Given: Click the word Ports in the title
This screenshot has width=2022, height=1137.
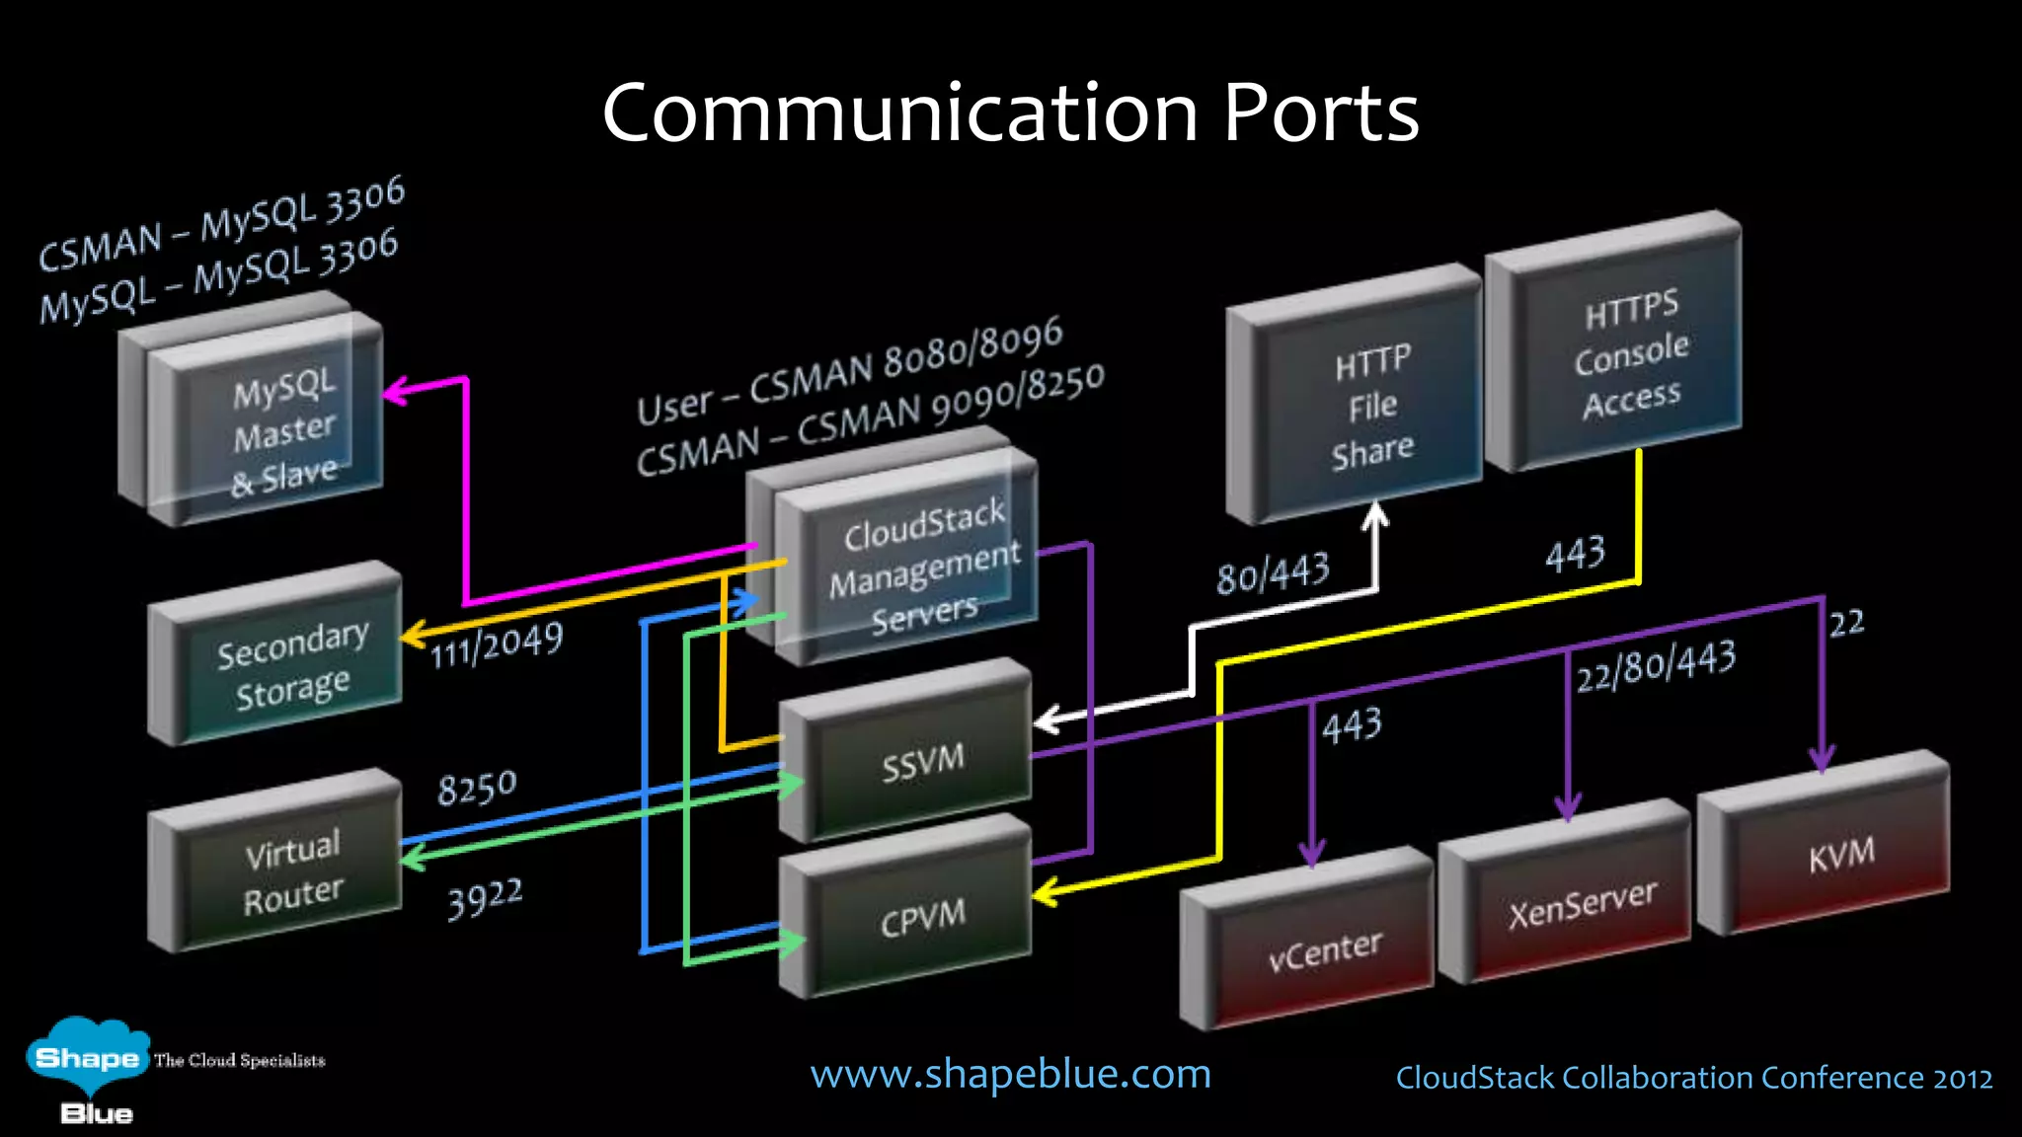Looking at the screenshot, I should pyautogui.click(x=1320, y=113).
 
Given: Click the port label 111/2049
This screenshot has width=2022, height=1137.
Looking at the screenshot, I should pyautogui.click(x=496, y=644).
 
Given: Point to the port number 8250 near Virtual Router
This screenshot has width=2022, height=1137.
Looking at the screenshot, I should pyautogui.click(x=477, y=788).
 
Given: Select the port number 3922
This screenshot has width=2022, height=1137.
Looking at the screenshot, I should pyautogui.click(x=484, y=898).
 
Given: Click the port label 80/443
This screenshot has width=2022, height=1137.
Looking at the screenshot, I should pyautogui.click(x=1273, y=573).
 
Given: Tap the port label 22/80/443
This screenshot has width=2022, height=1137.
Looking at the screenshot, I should pyautogui.click(x=1655, y=667).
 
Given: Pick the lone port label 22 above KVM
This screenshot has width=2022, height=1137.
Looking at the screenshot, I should pyautogui.click(x=1846, y=623).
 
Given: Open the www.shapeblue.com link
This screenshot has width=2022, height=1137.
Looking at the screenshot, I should pyautogui.click(x=1010, y=1074).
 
